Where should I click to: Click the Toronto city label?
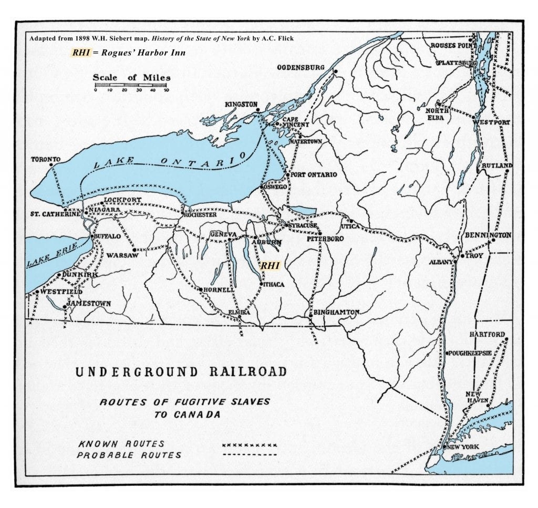46,159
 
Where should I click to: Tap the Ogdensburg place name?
300,67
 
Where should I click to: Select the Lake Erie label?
51,254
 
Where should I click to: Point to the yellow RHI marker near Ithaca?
270,266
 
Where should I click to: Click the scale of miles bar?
131,85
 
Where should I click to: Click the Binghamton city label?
336,313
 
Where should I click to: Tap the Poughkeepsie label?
470,353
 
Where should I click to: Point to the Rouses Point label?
450,46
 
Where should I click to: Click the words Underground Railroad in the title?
181,372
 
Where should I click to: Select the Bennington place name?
488,235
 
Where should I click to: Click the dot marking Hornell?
201,289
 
